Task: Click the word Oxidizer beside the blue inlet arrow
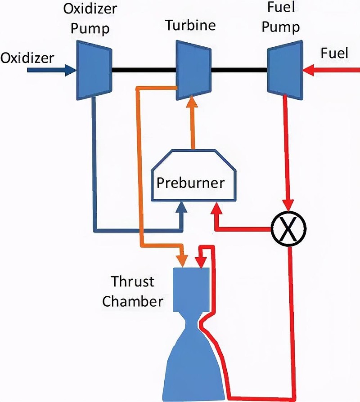pyautogui.click(x=27, y=58)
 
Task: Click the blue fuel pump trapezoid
pyautogui.click(x=284, y=70)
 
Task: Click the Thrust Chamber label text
pyautogui.click(x=133, y=291)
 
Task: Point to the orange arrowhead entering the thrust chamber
pyautogui.click(x=183, y=261)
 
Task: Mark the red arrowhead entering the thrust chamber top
pyautogui.click(x=200, y=261)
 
